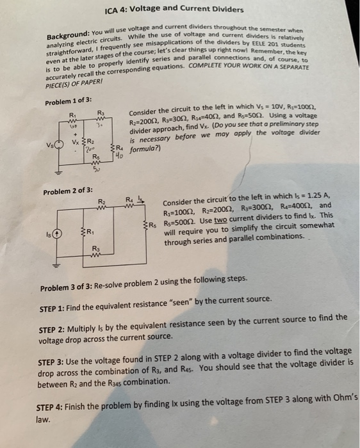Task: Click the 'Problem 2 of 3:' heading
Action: (69, 191)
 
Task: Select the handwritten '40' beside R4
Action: (118, 153)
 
